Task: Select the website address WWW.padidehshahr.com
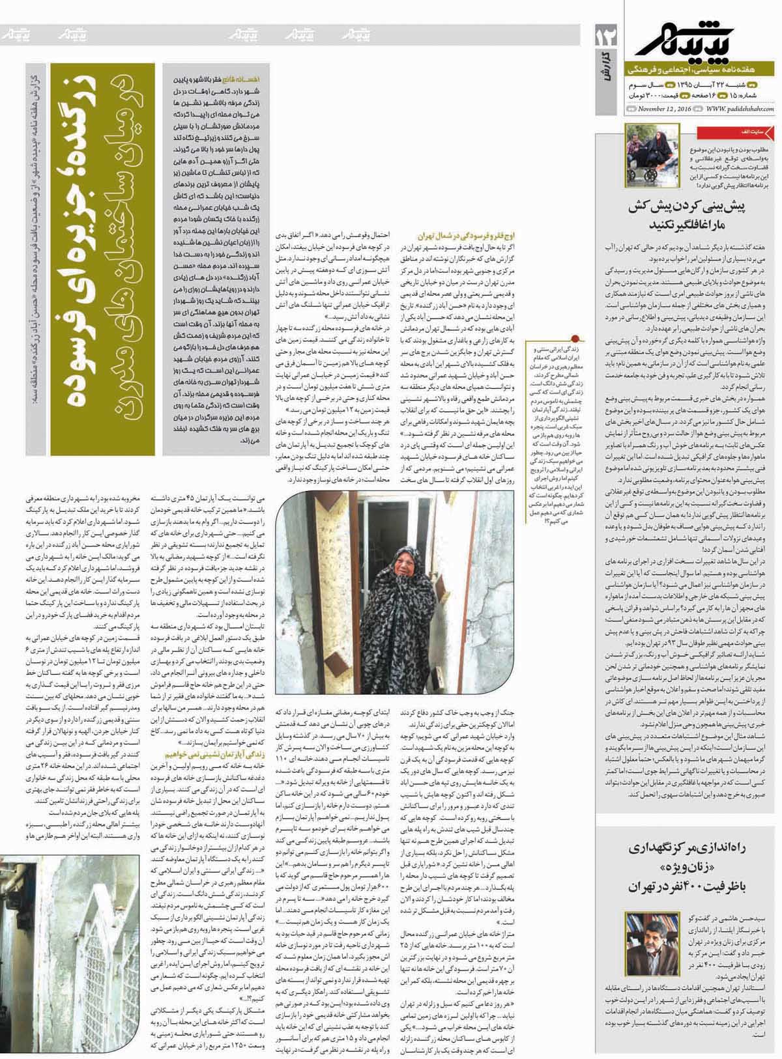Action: click(739, 109)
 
